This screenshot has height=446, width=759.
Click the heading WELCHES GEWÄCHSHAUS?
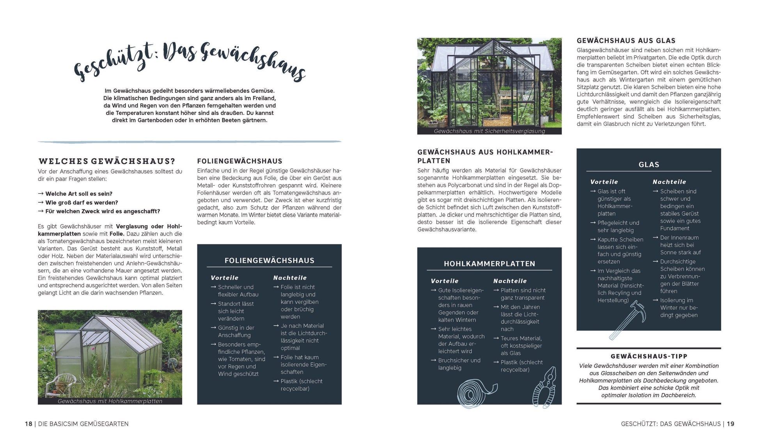click(107, 161)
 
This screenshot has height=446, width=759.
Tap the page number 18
click(28, 424)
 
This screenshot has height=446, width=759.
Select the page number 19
click(730, 424)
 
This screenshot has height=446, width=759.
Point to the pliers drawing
click(544, 388)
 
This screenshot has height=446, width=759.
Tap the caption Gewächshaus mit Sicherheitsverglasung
click(489, 131)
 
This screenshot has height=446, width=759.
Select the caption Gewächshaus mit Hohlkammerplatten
click(110, 401)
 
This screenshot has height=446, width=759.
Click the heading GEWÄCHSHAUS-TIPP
click(649, 356)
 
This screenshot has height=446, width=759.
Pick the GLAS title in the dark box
click(649, 165)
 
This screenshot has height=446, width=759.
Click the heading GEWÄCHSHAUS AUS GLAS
click(626, 41)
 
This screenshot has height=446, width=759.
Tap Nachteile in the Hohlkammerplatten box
click(510, 281)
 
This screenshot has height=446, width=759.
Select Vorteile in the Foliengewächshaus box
click(224, 278)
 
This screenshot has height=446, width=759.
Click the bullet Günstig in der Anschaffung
click(236, 331)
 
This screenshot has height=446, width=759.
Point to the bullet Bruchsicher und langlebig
click(459, 364)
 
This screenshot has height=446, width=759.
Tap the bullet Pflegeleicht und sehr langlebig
click(618, 227)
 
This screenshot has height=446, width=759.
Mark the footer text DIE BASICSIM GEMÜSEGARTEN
click(83, 424)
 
